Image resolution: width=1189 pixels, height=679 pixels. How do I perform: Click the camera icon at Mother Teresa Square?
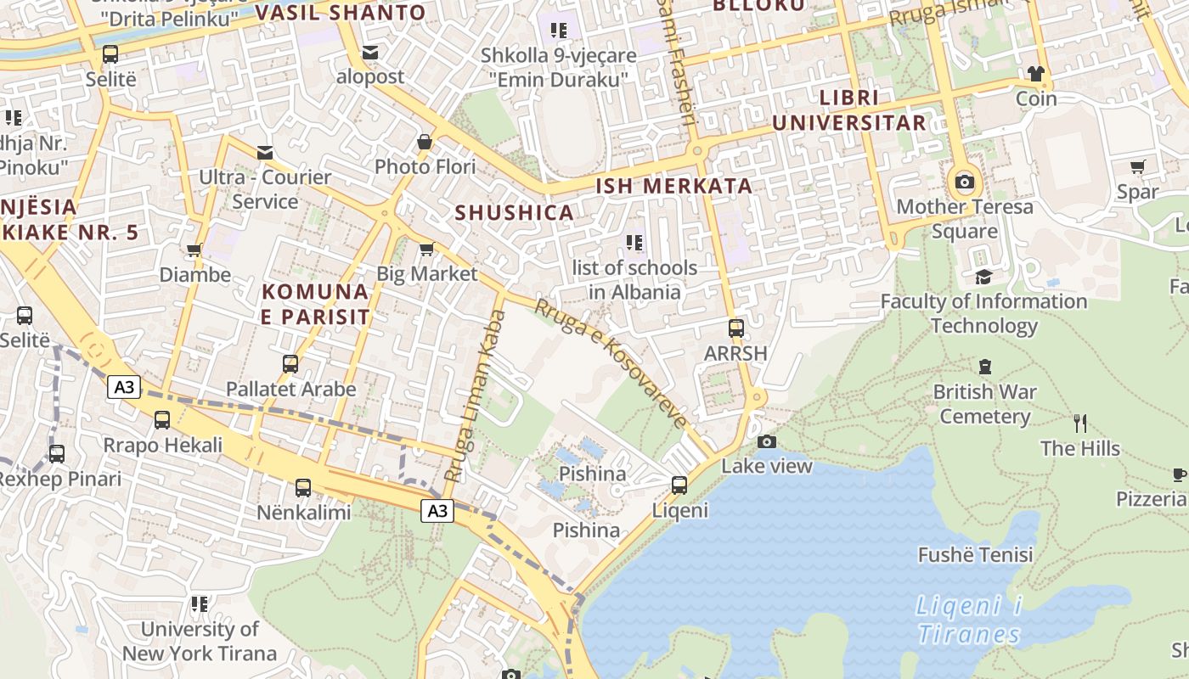click(964, 182)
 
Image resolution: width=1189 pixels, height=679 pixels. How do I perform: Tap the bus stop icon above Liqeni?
click(679, 485)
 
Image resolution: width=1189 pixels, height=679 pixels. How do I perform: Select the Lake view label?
click(766, 466)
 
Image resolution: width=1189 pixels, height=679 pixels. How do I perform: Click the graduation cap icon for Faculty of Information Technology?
click(983, 277)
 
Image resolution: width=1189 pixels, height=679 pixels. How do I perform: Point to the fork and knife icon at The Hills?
click(1080, 423)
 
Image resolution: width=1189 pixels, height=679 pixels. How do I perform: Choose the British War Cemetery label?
click(984, 404)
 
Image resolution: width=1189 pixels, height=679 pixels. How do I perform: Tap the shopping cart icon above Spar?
click(1138, 167)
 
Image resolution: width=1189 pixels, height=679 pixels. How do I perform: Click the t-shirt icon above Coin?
click(1035, 74)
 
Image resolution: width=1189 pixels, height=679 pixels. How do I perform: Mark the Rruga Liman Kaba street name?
click(476, 396)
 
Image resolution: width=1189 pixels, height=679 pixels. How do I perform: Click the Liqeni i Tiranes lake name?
click(969, 620)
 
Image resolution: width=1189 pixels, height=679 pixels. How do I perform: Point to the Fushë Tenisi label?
click(975, 555)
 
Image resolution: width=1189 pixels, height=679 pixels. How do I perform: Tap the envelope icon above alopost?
click(370, 53)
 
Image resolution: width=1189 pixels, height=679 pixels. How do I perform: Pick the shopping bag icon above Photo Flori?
click(425, 142)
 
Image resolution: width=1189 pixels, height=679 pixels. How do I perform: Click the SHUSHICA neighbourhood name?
click(515, 212)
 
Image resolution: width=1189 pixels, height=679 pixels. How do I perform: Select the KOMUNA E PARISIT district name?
click(316, 304)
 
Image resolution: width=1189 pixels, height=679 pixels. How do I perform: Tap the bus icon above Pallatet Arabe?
click(290, 364)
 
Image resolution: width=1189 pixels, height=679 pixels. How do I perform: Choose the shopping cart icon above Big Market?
click(426, 250)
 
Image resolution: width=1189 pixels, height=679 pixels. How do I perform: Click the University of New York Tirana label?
click(200, 641)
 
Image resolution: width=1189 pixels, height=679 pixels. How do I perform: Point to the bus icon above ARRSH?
click(735, 328)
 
